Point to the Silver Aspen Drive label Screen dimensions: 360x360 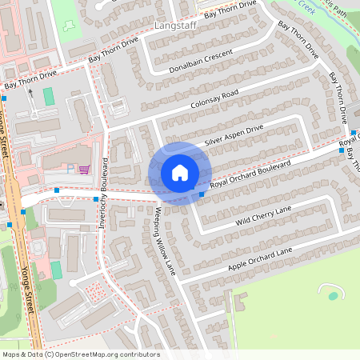coord(234,135)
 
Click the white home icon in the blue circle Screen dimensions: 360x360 coord(180,173)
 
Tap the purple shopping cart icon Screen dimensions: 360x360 coord(83,169)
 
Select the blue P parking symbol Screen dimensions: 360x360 coord(71,169)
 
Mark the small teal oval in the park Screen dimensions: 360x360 coord(333,296)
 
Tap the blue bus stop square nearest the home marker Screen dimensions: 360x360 coord(202,194)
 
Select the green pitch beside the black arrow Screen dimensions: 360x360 coord(49,97)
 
